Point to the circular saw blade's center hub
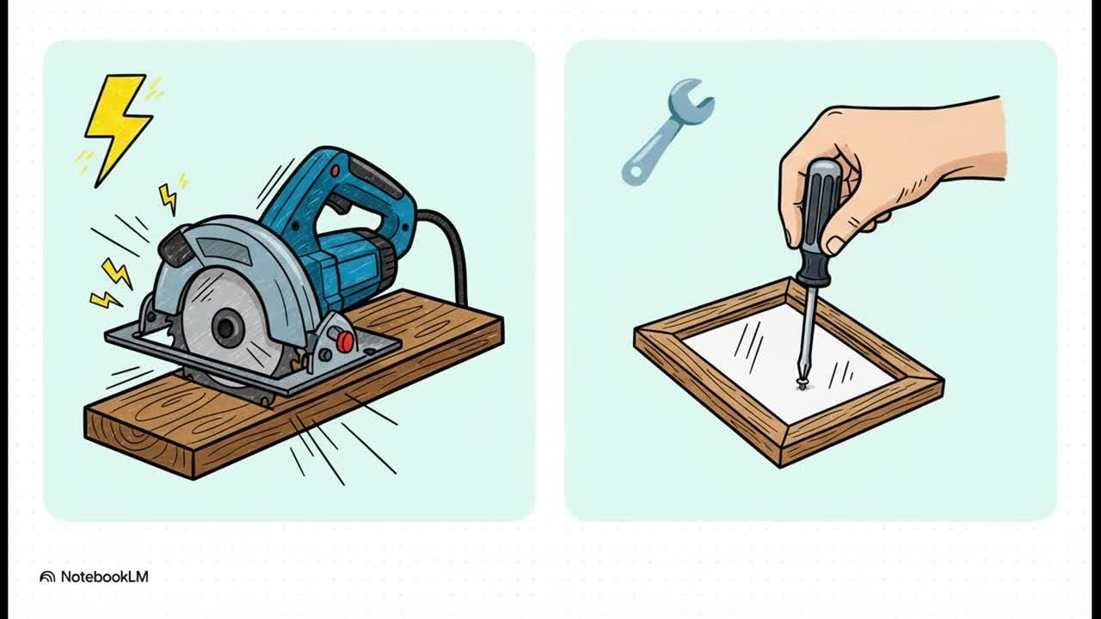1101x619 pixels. point(226,328)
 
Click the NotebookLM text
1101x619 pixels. point(104,577)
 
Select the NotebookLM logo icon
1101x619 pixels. point(47,577)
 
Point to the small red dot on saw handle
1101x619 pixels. point(335,172)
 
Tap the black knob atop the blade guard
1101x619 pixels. point(176,249)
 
